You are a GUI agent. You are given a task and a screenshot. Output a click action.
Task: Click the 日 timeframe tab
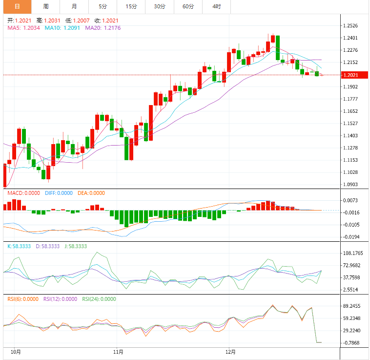pos(17,6)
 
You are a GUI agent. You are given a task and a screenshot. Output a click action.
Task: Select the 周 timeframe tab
pos(45,6)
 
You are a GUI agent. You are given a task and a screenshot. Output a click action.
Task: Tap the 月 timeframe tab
pos(74,6)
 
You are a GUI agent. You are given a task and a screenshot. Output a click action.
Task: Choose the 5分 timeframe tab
pos(103,6)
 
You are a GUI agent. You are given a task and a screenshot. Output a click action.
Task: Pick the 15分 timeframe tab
pos(131,6)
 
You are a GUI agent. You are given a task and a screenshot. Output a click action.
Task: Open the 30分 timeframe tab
pos(160,6)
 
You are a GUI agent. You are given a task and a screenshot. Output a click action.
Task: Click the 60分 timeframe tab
pos(188,6)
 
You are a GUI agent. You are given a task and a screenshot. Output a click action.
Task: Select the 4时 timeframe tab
pos(217,6)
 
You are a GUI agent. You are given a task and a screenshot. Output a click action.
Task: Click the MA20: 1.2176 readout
pos(103,28)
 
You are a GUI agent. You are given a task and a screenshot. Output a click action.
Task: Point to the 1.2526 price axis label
pos(351,26)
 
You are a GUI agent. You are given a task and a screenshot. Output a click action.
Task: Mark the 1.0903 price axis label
pos(351,185)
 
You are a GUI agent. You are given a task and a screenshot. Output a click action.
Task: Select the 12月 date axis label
pos(231,351)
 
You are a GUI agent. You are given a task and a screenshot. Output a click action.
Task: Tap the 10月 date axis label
pos(16,351)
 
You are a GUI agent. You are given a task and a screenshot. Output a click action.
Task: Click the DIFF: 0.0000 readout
pos(59,193)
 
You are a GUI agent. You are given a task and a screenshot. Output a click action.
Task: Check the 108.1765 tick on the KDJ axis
pos(353,254)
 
